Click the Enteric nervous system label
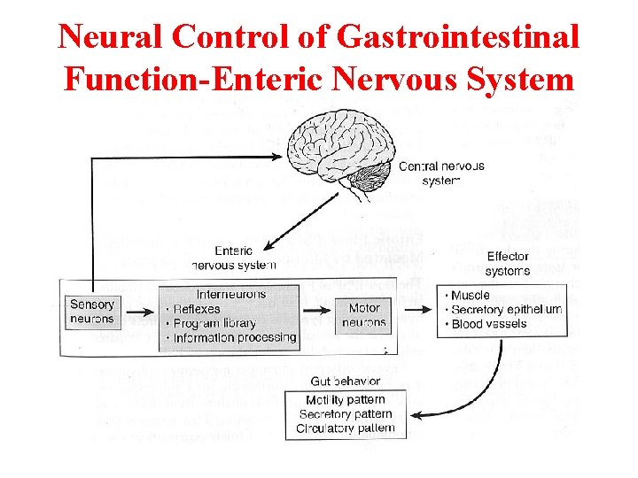(233, 258)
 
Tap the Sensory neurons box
(92, 312)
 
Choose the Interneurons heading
(230, 294)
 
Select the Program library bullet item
(214, 323)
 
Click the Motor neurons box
(364, 315)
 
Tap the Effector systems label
(508, 264)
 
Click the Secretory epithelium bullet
(505, 309)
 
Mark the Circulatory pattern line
(345, 428)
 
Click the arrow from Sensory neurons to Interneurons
(139, 312)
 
